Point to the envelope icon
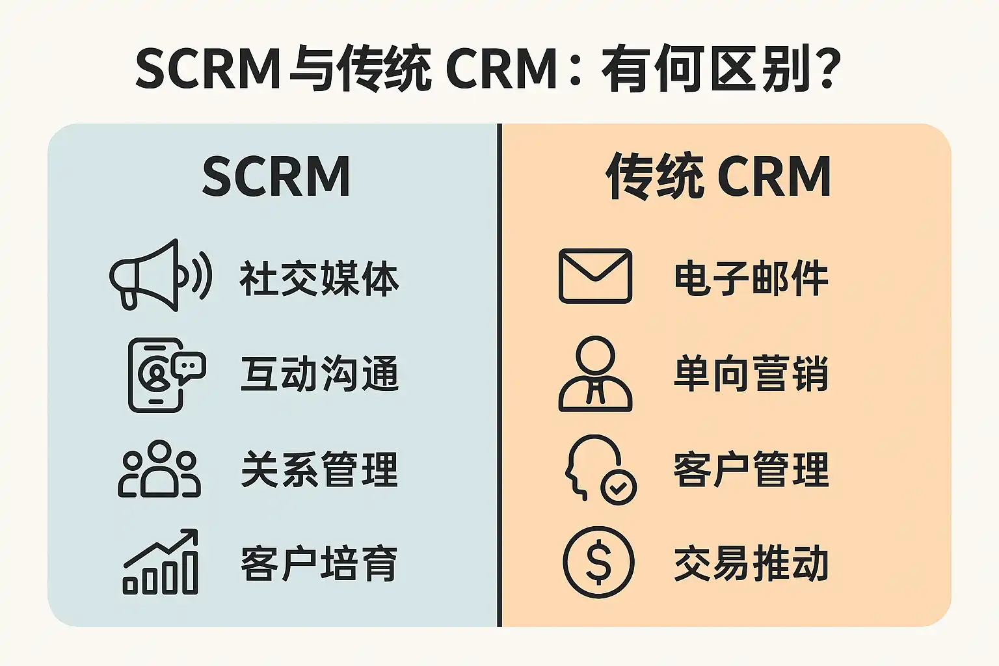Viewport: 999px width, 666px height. click(x=595, y=276)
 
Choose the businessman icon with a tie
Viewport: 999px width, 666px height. click(x=595, y=374)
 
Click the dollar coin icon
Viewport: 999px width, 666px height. click(x=598, y=562)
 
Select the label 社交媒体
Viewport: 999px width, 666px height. click(x=319, y=278)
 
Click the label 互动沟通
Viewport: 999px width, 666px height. click(x=319, y=374)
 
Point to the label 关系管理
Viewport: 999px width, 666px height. click(x=319, y=470)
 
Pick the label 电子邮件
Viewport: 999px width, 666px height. click(x=751, y=278)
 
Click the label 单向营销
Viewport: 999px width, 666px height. click(x=751, y=374)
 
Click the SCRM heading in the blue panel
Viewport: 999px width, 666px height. click(x=276, y=176)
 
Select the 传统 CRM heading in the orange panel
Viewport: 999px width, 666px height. click(x=719, y=176)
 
